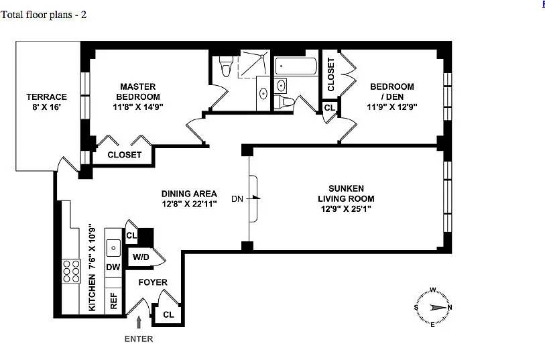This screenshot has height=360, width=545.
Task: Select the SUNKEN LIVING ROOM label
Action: click(x=347, y=194)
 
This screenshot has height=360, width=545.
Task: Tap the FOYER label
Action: click(x=153, y=282)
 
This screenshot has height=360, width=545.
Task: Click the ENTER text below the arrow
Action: click(x=139, y=339)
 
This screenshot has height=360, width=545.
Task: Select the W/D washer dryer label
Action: click(x=140, y=257)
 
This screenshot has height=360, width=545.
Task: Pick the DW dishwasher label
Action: click(x=113, y=267)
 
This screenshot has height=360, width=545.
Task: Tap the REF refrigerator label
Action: click(x=113, y=300)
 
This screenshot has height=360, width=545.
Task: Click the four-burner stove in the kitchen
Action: click(x=70, y=272)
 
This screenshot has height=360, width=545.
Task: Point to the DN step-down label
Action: click(x=237, y=198)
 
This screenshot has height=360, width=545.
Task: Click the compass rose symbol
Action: click(x=433, y=308)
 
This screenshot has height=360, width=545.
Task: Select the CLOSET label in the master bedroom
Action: click(x=125, y=155)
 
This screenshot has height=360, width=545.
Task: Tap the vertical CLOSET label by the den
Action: click(x=331, y=74)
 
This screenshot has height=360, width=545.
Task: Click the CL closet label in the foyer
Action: click(x=168, y=314)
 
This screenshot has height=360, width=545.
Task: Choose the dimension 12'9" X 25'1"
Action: click(x=347, y=208)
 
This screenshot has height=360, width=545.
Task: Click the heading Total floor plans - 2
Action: click(x=44, y=14)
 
